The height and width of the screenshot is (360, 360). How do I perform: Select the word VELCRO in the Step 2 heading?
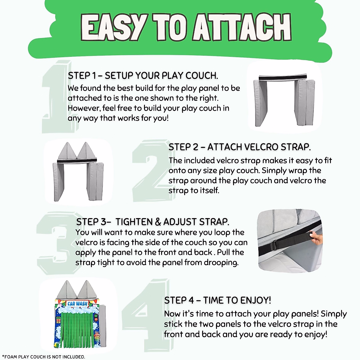pos(262,147)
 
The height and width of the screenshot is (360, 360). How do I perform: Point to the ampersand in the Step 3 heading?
pos(158,222)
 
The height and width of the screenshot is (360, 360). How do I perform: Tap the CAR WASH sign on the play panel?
pos(77,304)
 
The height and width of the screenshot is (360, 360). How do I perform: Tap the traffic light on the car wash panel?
pos(96,317)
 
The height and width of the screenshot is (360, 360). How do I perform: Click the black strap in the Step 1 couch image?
pos(283,77)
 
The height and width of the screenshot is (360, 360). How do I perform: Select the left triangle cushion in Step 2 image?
pos(67,151)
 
